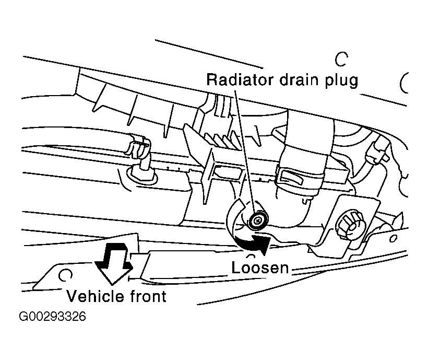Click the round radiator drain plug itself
coord(257,222)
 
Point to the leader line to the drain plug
coord(245,152)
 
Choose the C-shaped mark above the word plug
coord(341,59)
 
